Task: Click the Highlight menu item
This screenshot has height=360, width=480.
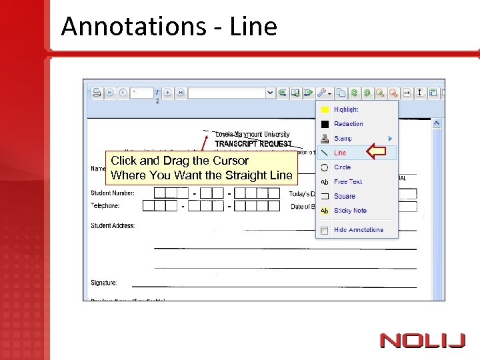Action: [x=346, y=109]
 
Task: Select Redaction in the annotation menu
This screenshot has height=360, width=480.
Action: [x=348, y=124]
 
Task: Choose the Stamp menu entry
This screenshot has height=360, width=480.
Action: [x=343, y=139]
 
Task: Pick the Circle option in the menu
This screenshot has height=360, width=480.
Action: [x=342, y=167]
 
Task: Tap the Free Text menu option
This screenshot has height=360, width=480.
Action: [x=347, y=181]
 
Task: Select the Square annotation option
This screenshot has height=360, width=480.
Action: [x=344, y=196]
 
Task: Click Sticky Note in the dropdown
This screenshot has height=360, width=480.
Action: [x=350, y=211]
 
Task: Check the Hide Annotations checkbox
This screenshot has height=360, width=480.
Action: [x=325, y=230]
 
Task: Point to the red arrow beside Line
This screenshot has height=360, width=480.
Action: [x=377, y=153]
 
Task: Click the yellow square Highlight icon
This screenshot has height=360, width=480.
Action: [x=325, y=109]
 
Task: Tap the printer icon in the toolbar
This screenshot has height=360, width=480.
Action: [x=96, y=93]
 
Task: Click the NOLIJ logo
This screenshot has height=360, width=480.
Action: [x=423, y=341]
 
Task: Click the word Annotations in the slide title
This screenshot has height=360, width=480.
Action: [x=132, y=27]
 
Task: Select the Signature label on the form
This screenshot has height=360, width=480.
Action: [x=104, y=283]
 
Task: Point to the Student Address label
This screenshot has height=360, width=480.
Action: [x=113, y=226]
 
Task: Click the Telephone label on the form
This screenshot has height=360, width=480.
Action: [x=105, y=206]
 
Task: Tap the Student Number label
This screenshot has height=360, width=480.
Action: [x=113, y=193]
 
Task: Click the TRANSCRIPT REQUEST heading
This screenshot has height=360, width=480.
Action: [x=253, y=143]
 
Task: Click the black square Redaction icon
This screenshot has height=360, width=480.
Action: [x=325, y=124]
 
